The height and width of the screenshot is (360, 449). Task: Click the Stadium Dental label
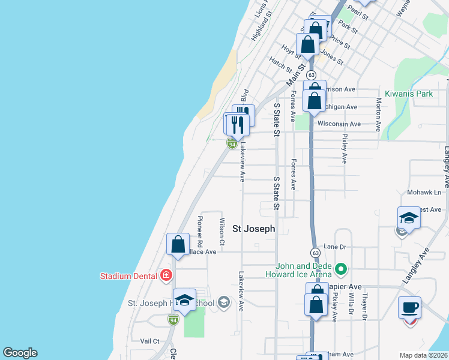130,276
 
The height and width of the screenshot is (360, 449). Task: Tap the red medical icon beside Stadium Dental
166,276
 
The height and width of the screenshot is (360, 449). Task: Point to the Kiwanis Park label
409,94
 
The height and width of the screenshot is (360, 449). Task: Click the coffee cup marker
409,307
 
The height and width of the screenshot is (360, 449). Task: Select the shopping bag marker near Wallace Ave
178,244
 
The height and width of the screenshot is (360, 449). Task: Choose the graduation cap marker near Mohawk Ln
409,218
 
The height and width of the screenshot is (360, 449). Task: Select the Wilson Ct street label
222,232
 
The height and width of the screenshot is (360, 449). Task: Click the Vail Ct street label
149,341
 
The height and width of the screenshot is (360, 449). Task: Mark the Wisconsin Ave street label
339,124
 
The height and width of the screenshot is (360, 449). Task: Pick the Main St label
295,76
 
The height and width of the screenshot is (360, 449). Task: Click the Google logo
20,353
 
